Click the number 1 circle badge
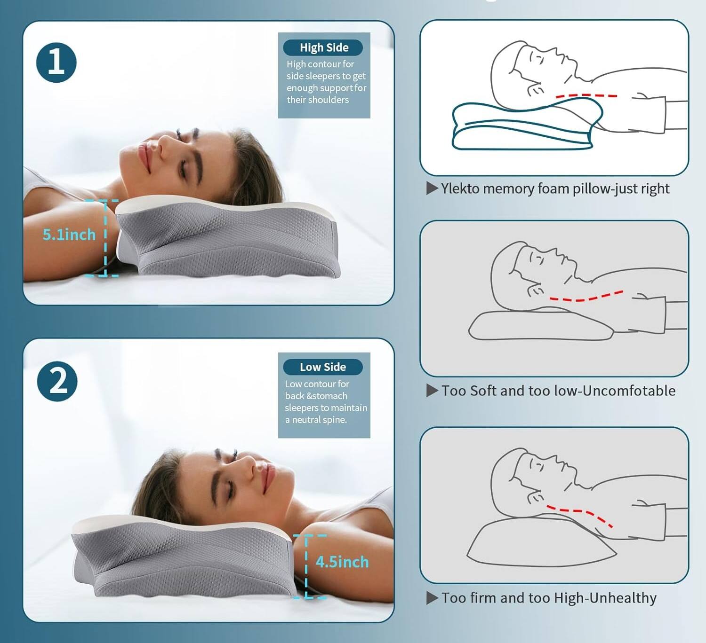coord(56,63)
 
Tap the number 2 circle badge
coord(57,381)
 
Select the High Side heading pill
coord(323,47)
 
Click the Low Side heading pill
coord(323,367)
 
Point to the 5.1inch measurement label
coord(69,235)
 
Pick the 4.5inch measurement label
coord(342,562)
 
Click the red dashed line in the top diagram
coord(586,95)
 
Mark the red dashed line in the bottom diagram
coord(580,513)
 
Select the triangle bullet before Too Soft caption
coord(432,391)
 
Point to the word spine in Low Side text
coord(334,420)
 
